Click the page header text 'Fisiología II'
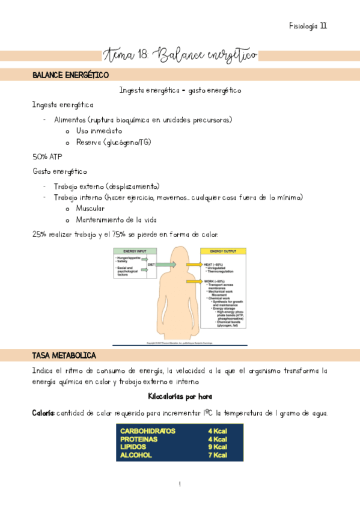(x=308, y=26)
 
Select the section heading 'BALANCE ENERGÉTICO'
(x=70, y=75)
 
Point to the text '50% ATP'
(x=47, y=156)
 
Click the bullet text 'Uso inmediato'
(x=99, y=130)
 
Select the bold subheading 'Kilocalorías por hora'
(x=180, y=397)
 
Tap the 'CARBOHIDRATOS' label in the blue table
(x=148, y=431)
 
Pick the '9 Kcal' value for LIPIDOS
(x=217, y=447)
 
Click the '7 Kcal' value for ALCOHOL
(x=217, y=455)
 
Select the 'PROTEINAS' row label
(x=139, y=439)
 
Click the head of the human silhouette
(x=179, y=258)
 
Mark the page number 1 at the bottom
(x=180, y=484)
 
